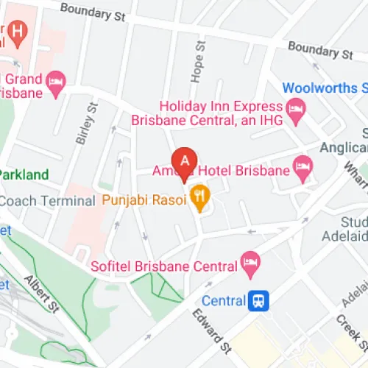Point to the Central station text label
click(x=223, y=300)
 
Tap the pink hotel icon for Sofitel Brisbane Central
click(x=251, y=262)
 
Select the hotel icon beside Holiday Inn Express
click(x=296, y=111)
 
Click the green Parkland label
click(x=24, y=175)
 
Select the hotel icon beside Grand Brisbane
click(x=55, y=85)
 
